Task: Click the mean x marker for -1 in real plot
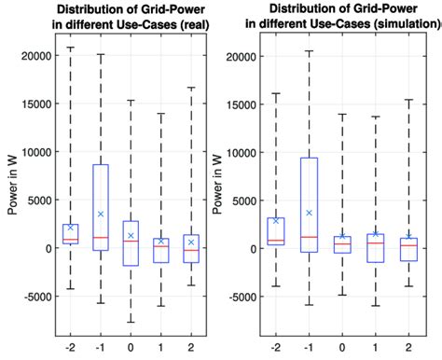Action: (x=101, y=215)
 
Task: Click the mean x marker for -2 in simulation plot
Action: (x=276, y=221)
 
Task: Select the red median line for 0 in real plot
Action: (x=131, y=242)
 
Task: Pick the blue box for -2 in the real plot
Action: (x=71, y=233)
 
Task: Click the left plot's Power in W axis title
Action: (x=11, y=187)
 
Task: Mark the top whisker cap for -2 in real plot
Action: (x=71, y=48)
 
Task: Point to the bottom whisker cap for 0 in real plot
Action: (x=131, y=322)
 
